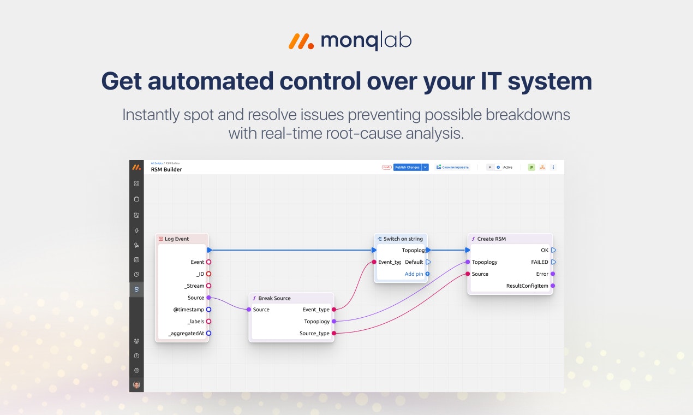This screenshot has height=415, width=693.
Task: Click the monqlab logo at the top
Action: (350, 41)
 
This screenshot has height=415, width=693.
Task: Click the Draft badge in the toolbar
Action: (386, 167)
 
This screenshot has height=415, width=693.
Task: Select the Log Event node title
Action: (176, 239)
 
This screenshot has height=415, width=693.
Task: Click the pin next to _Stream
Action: (208, 286)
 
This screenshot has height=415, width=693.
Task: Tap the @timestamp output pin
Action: (208, 310)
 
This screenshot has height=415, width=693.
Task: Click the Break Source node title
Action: (274, 298)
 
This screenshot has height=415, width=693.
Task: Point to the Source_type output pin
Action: (334, 333)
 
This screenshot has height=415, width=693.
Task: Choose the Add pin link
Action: (414, 274)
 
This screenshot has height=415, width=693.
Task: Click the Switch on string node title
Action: (403, 239)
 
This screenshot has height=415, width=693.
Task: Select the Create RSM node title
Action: (491, 239)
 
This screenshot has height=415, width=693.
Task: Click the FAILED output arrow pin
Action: (553, 262)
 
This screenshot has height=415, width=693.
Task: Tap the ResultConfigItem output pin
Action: (553, 286)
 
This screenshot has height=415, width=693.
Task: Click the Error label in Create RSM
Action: (542, 274)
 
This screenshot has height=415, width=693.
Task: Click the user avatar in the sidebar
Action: (136, 384)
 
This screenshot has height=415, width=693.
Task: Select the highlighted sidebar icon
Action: (136, 289)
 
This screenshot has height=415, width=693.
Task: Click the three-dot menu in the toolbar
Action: (553, 167)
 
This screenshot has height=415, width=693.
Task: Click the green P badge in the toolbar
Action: (531, 167)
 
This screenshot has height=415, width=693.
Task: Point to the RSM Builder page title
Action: (166, 169)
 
